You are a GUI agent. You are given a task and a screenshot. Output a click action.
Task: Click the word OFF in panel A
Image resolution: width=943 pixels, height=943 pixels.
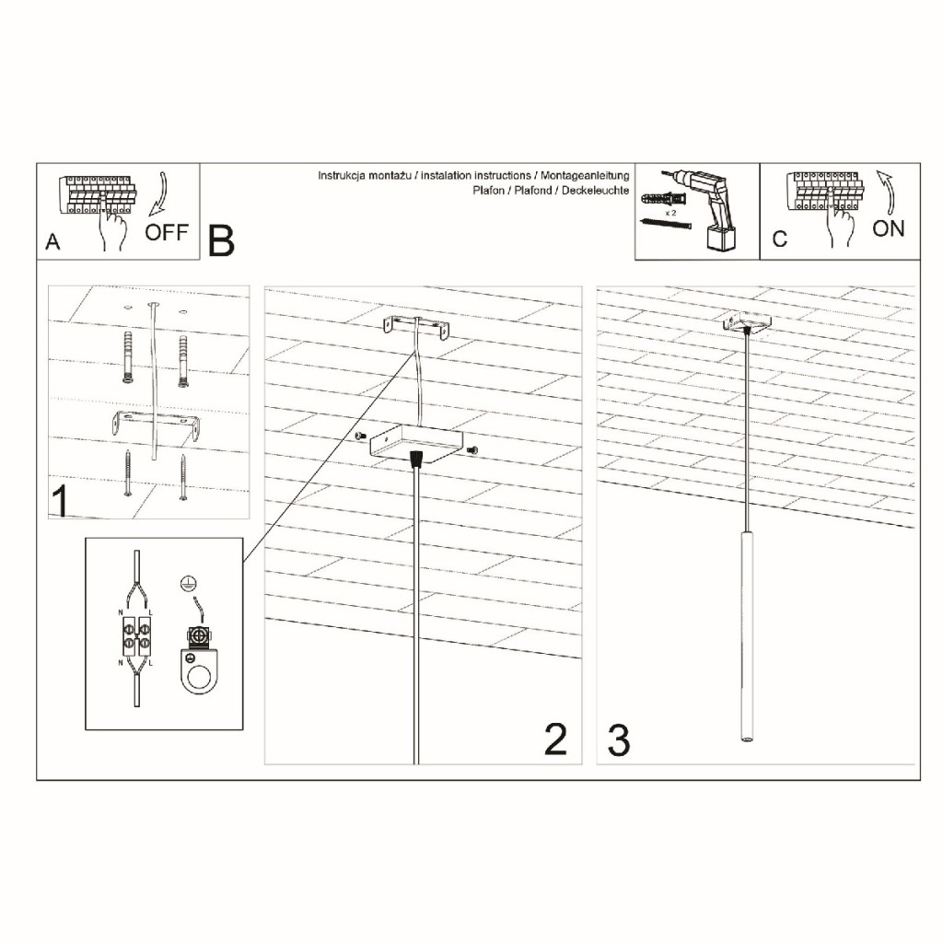pyautogui.click(x=167, y=231)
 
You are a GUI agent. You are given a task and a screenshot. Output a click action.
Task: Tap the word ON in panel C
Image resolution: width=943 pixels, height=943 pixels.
pyautogui.click(x=889, y=228)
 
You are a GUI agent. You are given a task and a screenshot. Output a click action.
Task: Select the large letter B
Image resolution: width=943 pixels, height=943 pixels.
pyautogui.click(x=221, y=241)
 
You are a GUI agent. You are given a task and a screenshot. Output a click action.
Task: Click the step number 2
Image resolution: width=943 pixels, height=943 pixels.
pyautogui.click(x=555, y=739)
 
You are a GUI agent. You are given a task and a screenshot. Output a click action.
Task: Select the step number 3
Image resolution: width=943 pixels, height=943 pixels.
pyautogui.click(x=619, y=740)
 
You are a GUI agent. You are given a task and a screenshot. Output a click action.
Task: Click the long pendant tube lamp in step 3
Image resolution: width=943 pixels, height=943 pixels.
pyautogui.click(x=746, y=636)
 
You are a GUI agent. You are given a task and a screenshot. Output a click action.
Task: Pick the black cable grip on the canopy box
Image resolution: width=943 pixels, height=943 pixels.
pyautogui.click(x=416, y=459)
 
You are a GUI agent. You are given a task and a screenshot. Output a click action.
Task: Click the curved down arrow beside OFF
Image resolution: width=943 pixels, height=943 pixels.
pyautogui.click(x=160, y=194)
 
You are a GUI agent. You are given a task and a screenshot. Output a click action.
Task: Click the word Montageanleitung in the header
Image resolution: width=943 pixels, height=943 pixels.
pyautogui.click(x=585, y=176)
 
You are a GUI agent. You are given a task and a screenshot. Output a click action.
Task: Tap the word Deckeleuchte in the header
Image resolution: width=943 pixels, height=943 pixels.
pyautogui.click(x=596, y=191)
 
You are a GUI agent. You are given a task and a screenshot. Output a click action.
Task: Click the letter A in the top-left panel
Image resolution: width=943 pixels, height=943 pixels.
pyautogui.click(x=52, y=242)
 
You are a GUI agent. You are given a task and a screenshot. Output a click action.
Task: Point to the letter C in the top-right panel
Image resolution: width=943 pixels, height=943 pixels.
pyautogui.click(x=780, y=239)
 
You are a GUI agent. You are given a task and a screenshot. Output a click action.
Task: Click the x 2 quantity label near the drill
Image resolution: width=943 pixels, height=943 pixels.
pyautogui.click(x=670, y=213)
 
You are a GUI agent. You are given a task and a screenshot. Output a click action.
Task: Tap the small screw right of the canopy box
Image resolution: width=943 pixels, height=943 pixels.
pyautogui.click(x=472, y=449)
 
